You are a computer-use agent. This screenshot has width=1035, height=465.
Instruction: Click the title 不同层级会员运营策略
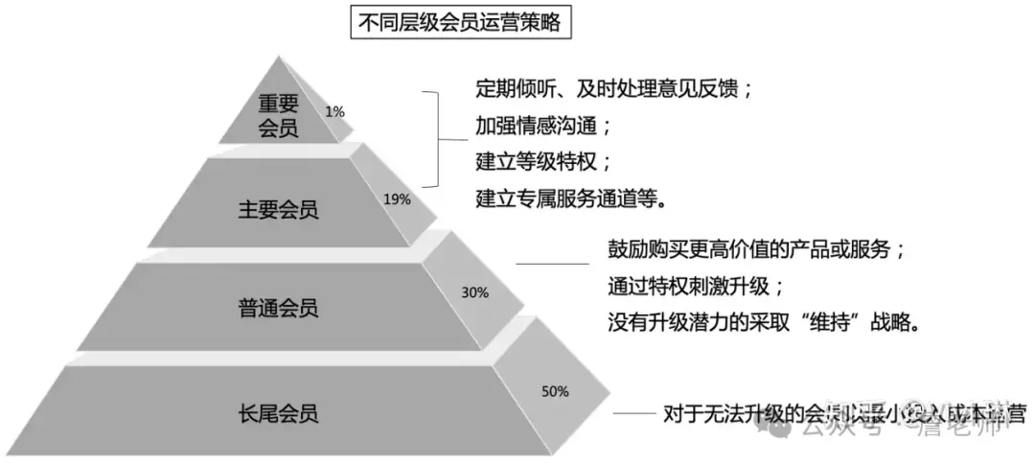pyautogui.click(x=459, y=23)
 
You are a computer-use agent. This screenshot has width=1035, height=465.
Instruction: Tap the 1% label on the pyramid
pyautogui.click(x=334, y=111)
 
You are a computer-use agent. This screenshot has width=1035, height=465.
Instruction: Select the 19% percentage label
pyautogui.click(x=397, y=199)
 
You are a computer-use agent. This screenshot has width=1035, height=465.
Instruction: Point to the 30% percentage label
pyautogui.click(x=475, y=291)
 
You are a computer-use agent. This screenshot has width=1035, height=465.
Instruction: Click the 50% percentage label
pyautogui.click(x=555, y=391)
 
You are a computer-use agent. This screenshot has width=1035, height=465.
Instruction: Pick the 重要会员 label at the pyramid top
pyautogui.click(x=279, y=115)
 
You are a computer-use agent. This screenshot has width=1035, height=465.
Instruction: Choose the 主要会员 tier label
pyautogui.click(x=278, y=209)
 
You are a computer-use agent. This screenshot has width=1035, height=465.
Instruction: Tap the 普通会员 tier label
pyautogui.click(x=278, y=308)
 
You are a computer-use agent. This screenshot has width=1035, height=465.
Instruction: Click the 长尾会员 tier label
pyautogui.click(x=278, y=413)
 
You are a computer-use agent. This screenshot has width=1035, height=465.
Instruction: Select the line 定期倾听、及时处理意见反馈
pyautogui.click(x=613, y=89)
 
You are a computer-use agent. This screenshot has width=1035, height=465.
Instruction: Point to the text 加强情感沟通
pyautogui.click(x=543, y=125)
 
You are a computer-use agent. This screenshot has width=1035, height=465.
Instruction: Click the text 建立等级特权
pyautogui.click(x=543, y=160)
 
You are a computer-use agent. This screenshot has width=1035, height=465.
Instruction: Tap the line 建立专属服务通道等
pyautogui.click(x=570, y=198)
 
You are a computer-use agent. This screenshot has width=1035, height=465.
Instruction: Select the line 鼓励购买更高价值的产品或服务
pyautogui.click(x=756, y=249)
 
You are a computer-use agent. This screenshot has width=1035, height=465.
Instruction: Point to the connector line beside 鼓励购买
pyautogui.click(x=552, y=264)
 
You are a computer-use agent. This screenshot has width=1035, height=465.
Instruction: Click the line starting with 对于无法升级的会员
pyautogui.click(x=843, y=415)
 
